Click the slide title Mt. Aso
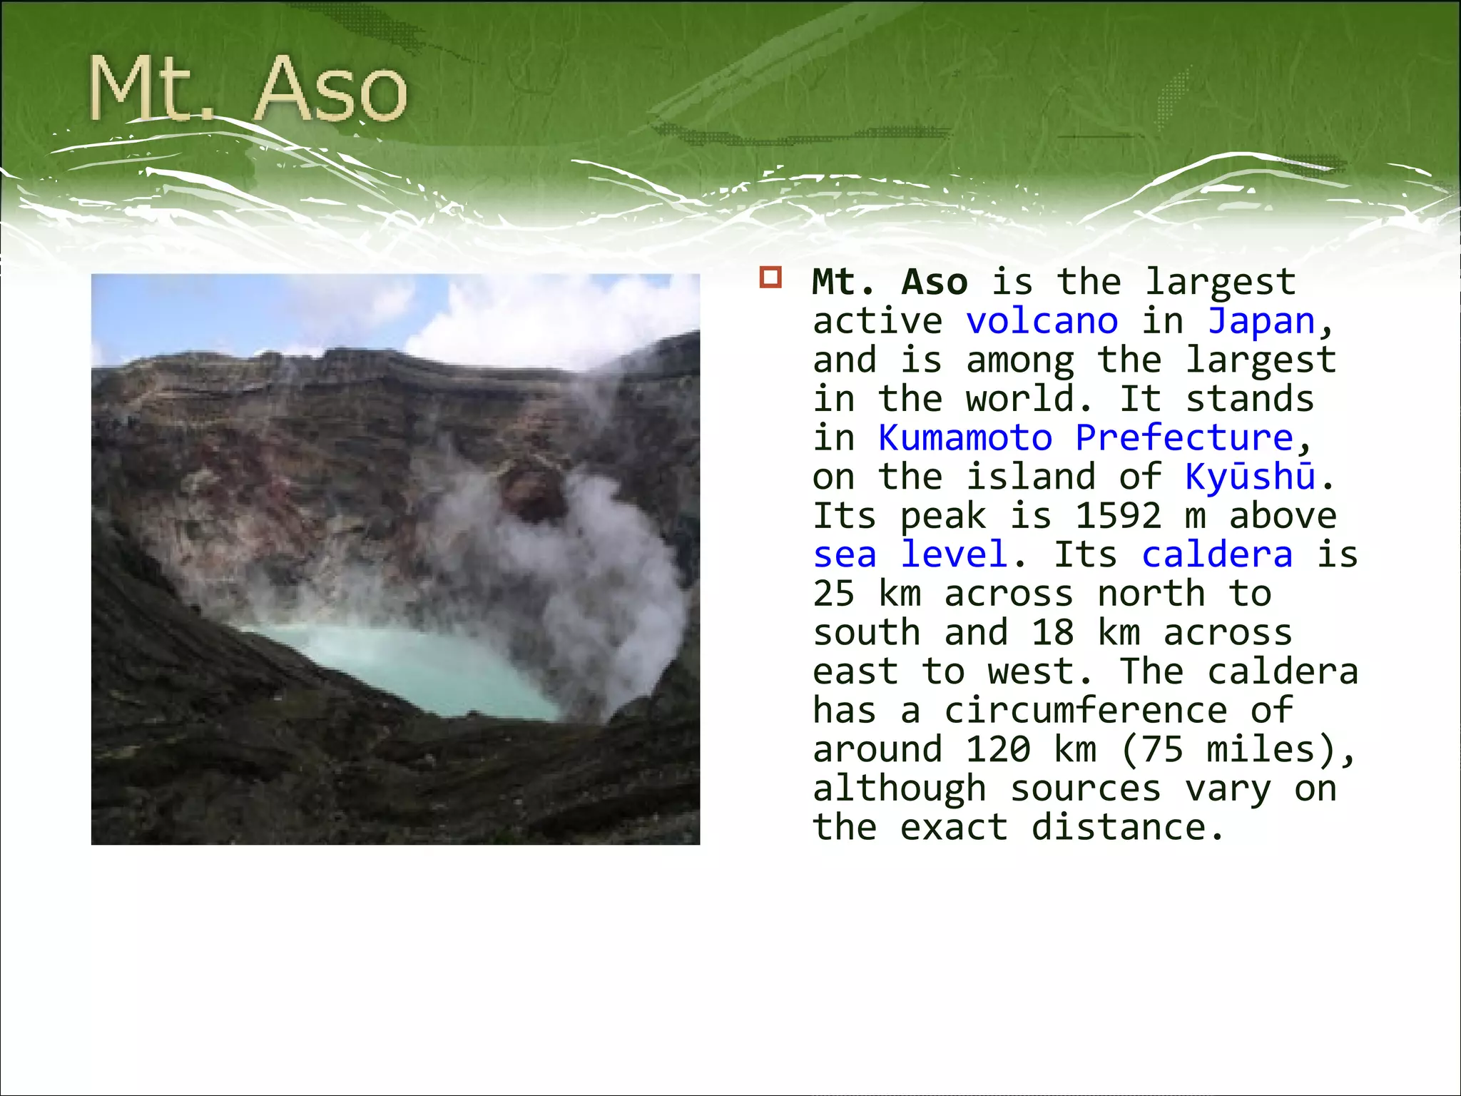[x=247, y=89]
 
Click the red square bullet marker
[x=770, y=278]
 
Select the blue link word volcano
[x=1042, y=321]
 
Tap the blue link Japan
[x=1261, y=321]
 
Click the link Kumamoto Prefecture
[x=1085, y=437]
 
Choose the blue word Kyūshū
[x=1250, y=477]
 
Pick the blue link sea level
[x=910, y=554]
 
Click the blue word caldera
[x=1217, y=554]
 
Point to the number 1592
[x=1118, y=515]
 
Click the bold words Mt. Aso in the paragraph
[x=889, y=282]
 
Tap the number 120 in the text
[x=998, y=749]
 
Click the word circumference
[x=1085, y=711]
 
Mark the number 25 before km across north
[x=833, y=594]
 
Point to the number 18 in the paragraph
[x=1052, y=632]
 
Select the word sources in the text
[x=1085, y=788]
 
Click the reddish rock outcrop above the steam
[x=531, y=489]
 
